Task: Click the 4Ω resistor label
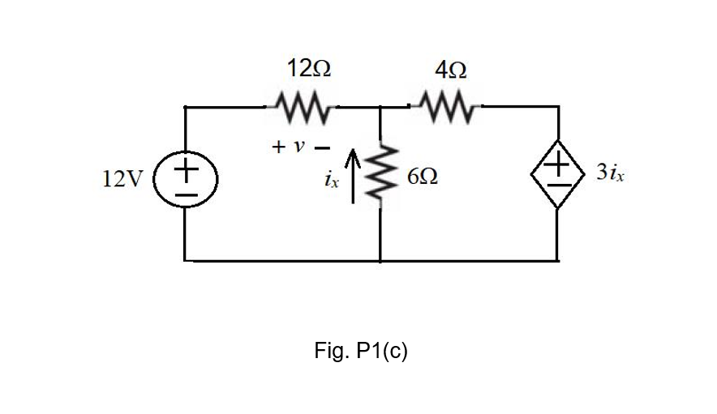[449, 70]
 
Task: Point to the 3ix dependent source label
[610, 173]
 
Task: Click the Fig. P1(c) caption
[360, 351]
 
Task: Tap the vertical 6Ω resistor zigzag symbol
[382, 177]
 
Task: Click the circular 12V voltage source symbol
[187, 179]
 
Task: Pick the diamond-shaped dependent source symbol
[558, 178]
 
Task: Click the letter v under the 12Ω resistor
[299, 147]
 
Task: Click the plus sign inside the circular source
[187, 169]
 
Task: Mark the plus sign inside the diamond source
[558, 168]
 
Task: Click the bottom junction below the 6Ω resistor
[381, 261]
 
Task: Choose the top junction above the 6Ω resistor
[381, 106]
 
